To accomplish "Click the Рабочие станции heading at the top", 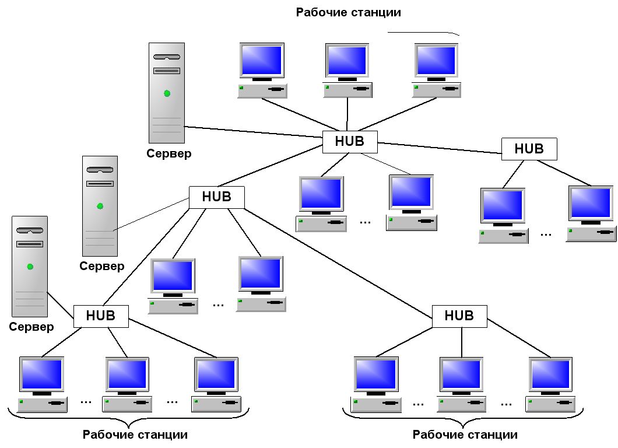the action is pos(349,13).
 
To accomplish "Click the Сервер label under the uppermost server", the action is pos(168,153).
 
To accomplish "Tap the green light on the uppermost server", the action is pos(167,93).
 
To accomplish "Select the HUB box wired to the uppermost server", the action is pos(350,142).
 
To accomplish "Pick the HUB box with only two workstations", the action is pos(529,149).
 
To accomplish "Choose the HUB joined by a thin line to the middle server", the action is pos(217,197).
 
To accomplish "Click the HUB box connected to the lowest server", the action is pos(101,316).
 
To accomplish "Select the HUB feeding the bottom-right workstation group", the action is pos(459,316).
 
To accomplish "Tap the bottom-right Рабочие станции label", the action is pos(465,435).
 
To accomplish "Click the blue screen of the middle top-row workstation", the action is pos(347,60).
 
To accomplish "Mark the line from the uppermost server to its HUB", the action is pos(254,132).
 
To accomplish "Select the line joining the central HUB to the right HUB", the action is pos(440,148).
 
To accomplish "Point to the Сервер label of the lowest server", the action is pos(31,327).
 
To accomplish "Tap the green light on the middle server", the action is pos(100,206).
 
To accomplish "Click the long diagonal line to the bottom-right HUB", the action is pos(339,263).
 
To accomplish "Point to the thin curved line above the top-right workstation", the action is pos(424,33).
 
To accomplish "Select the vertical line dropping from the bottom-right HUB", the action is pos(462,342).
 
